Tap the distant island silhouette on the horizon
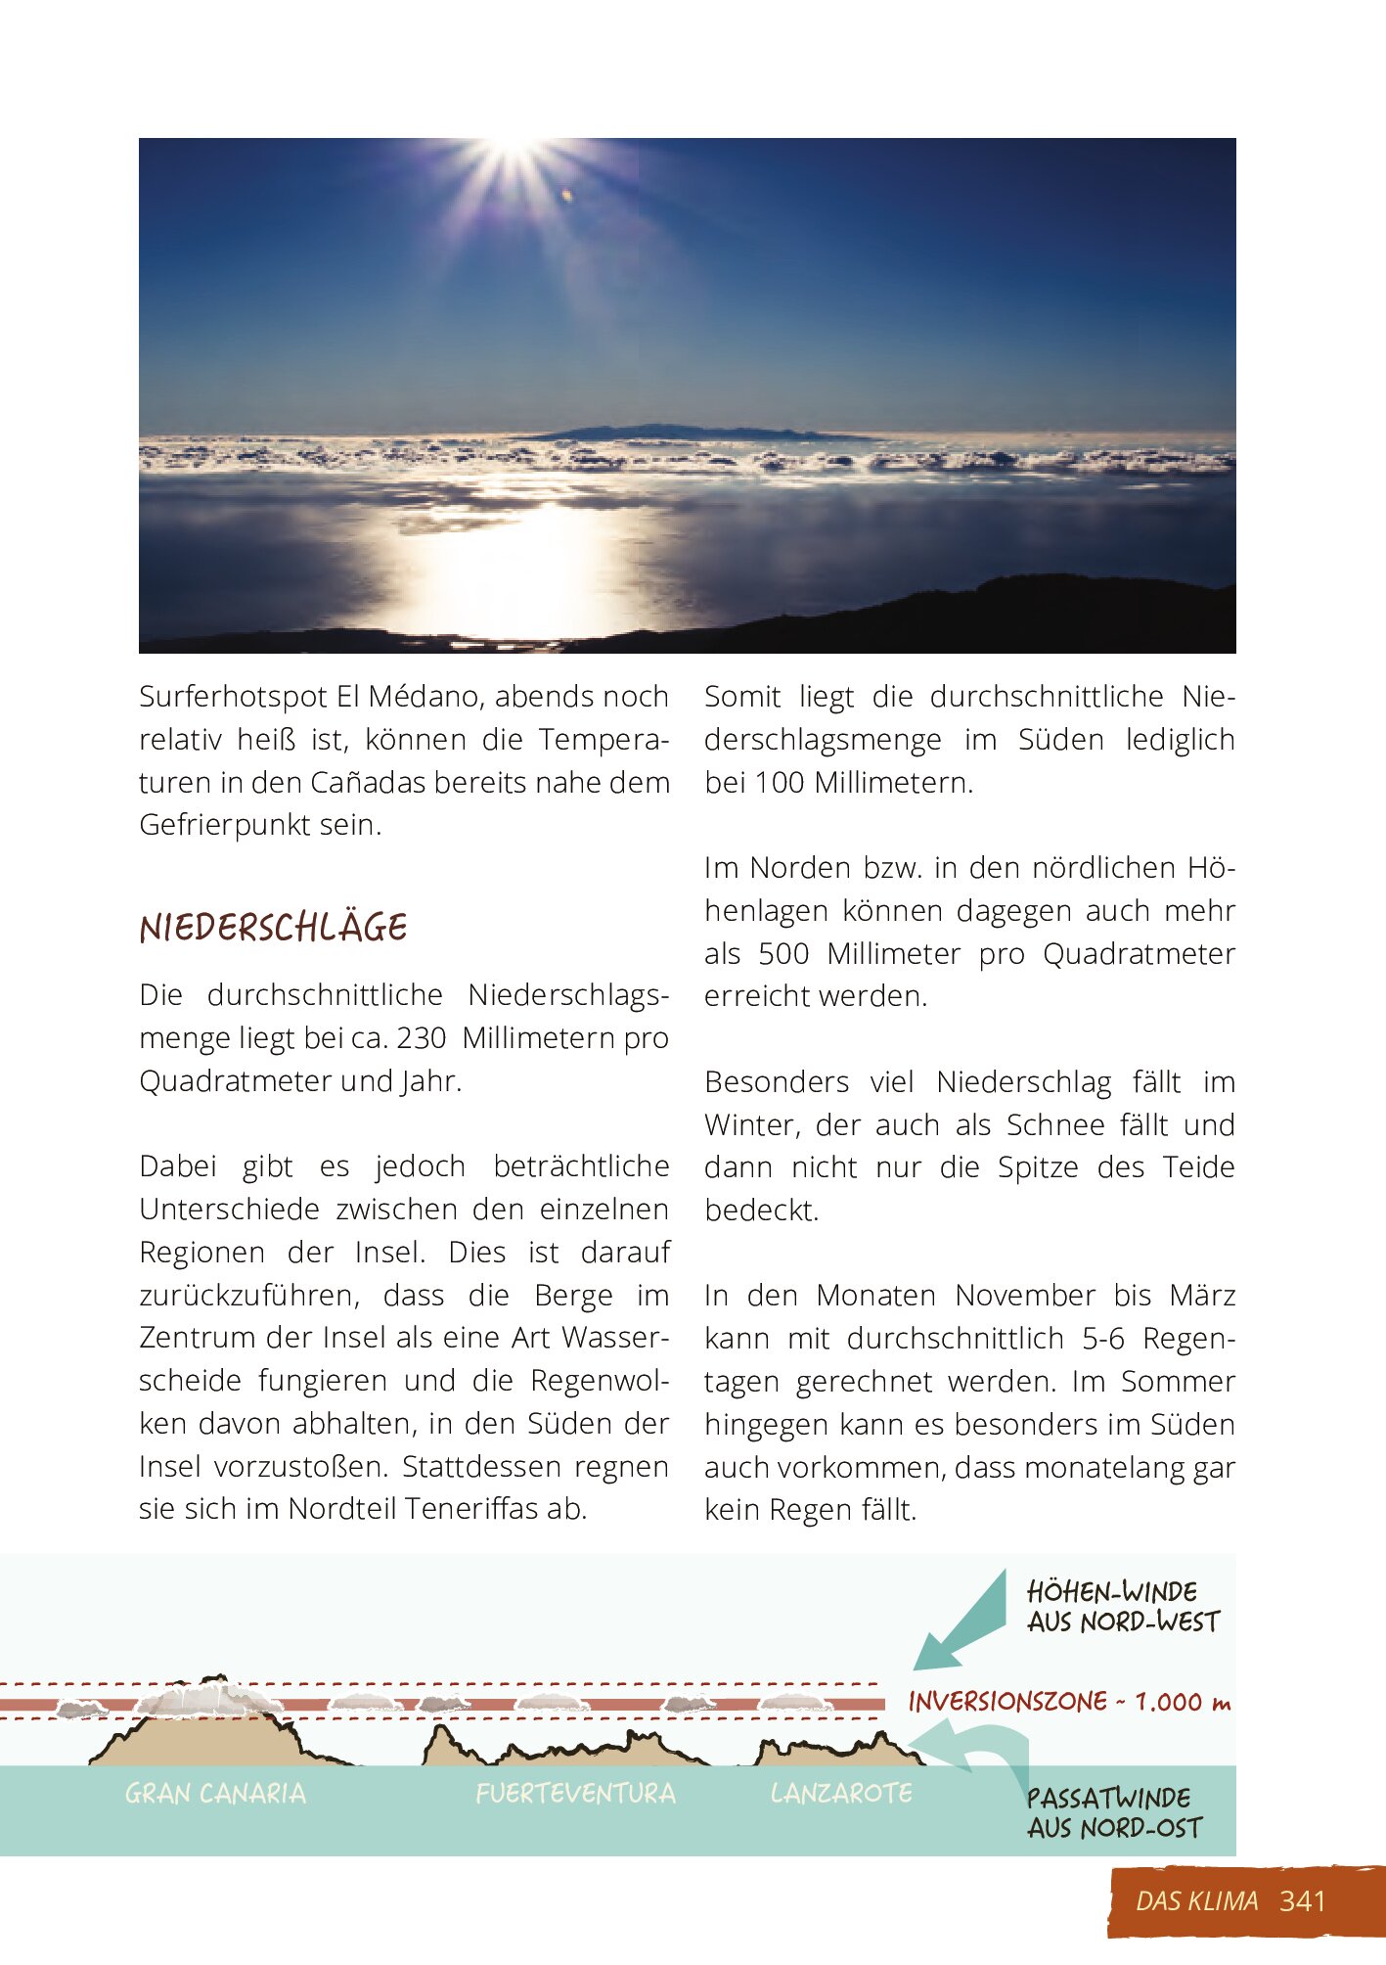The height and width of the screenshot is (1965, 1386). tap(685, 432)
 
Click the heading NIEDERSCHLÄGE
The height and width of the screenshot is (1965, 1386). tap(273, 928)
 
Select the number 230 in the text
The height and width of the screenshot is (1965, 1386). tap(421, 1037)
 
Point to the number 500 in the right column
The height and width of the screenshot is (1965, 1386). tap(783, 953)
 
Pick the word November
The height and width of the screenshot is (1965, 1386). tap(1024, 1296)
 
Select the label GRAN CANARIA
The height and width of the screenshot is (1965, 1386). tap(215, 1794)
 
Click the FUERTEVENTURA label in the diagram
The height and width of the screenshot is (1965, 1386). tap(575, 1794)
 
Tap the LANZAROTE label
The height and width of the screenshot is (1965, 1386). tap(841, 1793)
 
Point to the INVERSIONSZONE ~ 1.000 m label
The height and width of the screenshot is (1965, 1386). tap(1068, 1703)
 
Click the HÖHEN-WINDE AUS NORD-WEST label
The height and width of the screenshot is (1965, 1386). tap(1123, 1607)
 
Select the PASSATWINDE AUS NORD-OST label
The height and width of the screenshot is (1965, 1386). tap(1113, 1812)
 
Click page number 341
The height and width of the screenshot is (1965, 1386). tap(1302, 1900)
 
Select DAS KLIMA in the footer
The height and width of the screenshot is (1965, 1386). tap(1196, 1900)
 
